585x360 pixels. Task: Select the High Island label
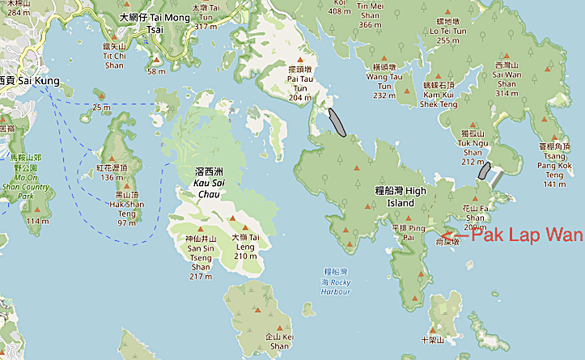coord(401,196)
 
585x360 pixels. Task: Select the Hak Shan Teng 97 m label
coord(125,208)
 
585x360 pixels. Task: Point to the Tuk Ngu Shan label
coord(473,146)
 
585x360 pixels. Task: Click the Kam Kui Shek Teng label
coord(439,94)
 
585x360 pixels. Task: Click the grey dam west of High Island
coord(338,121)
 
